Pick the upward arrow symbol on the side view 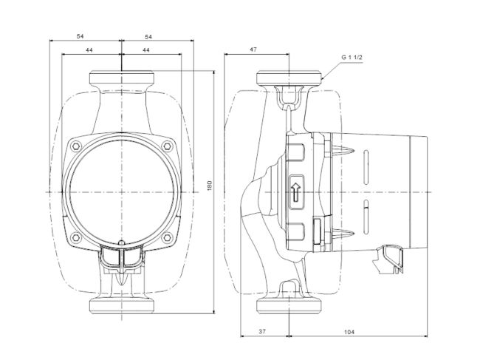pos(297,191)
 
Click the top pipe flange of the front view pos(120,78)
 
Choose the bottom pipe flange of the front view pos(120,305)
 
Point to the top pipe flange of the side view pos(289,78)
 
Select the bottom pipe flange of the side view pos(289,305)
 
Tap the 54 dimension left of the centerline pos(83,36)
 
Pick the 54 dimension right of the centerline pos(148,36)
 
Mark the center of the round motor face pos(120,191)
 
